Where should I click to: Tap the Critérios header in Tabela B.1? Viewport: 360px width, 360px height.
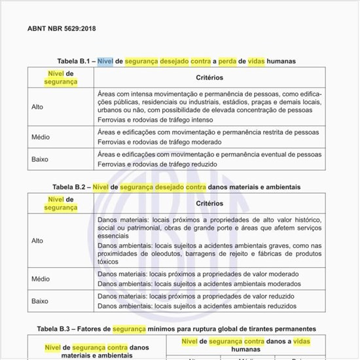click(x=209, y=77)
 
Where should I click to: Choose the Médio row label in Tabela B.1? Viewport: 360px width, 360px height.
click(x=41, y=137)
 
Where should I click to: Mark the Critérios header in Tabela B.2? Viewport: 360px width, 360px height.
click(x=209, y=203)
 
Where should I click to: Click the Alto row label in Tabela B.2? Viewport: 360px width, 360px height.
click(x=37, y=240)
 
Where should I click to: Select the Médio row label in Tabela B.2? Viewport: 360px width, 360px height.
click(x=41, y=279)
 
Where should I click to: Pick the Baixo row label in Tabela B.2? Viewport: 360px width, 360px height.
click(x=40, y=300)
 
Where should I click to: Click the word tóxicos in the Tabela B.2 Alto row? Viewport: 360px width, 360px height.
click(x=108, y=262)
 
